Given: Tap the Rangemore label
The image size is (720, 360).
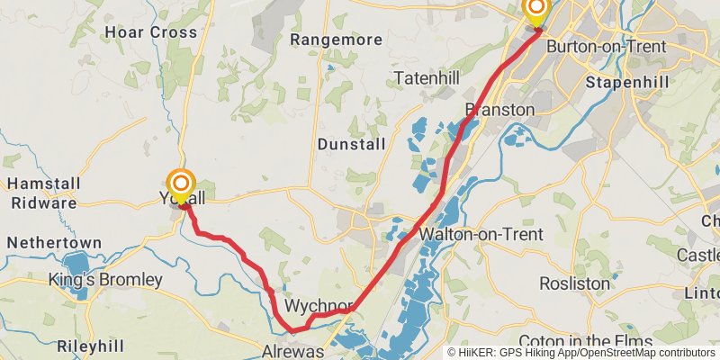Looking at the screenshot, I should (x=337, y=40).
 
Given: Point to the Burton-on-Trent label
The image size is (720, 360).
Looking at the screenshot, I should (x=607, y=46).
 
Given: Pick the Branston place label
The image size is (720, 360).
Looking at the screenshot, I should (x=499, y=110).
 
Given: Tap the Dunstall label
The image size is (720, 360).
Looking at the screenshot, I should (x=351, y=144).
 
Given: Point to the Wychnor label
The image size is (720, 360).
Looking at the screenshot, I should (x=318, y=306).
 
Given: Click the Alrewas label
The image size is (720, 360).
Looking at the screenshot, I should (x=292, y=351).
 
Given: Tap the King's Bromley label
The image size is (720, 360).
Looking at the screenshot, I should (x=105, y=280).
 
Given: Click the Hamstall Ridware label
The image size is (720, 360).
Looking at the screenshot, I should (x=42, y=193).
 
